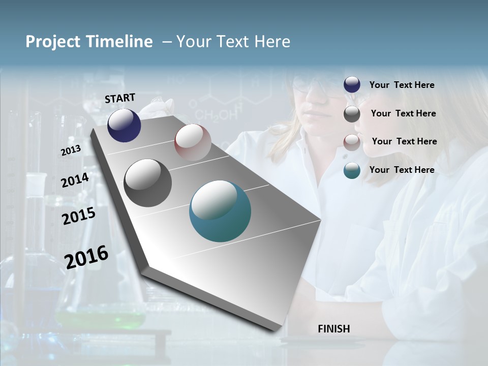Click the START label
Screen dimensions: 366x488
pyautogui.click(x=120, y=98)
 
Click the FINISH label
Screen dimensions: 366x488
pyautogui.click(x=334, y=329)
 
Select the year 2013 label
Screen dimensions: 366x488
pyautogui.click(x=71, y=150)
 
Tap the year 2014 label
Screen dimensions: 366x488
pyautogui.click(x=75, y=180)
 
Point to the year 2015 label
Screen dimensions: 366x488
pyautogui.click(x=79, y=216)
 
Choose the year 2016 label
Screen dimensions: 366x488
pyautogui.click(x=86, y=256)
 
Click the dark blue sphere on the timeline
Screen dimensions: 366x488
pyautogui.click(x=124, y=125)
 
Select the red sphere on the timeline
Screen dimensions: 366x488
pyautogui.click(x=193, y=142)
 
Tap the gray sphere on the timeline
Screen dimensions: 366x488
pyautogui.click(x=147, y=183)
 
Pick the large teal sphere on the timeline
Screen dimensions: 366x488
pyautogui.click(x=220, y=211)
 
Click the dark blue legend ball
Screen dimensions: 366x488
pyautogui.click(x=352, y=85)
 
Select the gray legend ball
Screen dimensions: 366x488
pyautogui.click(x=352, y=114)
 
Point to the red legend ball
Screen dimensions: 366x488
pyautogui.click(x=352, y=142)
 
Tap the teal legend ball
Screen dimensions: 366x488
pyautogui.click(x=352, y=170)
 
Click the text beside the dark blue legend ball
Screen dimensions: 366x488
pyautogui.click(x=402, y=85)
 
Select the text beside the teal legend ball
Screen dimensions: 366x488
pyautogui.click(x=402, y=170)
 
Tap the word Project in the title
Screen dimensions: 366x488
pyautogui.click(x=52, y=42)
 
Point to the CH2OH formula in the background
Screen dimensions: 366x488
pyautogui.click(x=216, y=115)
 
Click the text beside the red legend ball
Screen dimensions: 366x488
pyautogui.click(x=404, y=141)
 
